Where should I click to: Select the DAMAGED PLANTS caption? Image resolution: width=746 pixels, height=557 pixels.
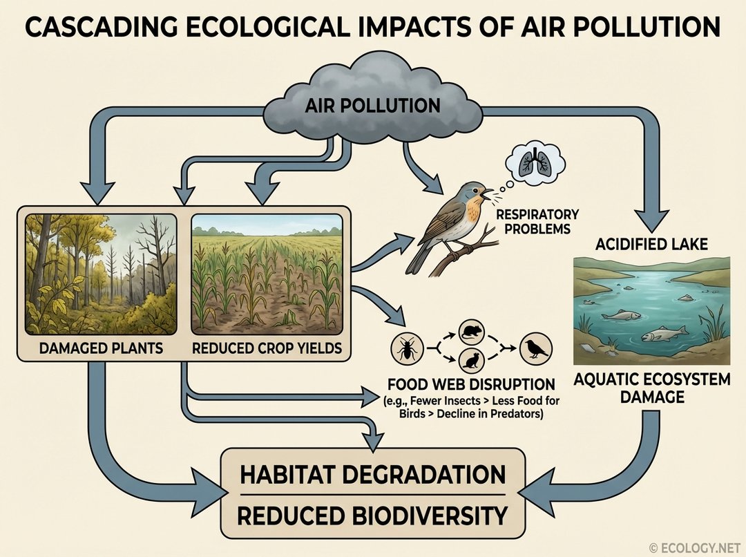tap(101, 347)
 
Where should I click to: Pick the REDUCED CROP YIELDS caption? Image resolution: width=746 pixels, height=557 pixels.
tap(267, 347)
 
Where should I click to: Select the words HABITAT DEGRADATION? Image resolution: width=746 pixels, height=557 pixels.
tap(373, 475)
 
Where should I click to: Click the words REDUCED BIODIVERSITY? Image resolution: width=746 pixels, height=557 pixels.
tap(373, 515)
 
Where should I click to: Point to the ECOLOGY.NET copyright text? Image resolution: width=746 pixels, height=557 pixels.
tap(695, 548)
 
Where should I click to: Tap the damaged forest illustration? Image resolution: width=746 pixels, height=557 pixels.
tap(101, 274)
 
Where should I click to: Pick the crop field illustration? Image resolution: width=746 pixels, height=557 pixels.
tap(267, 274)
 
